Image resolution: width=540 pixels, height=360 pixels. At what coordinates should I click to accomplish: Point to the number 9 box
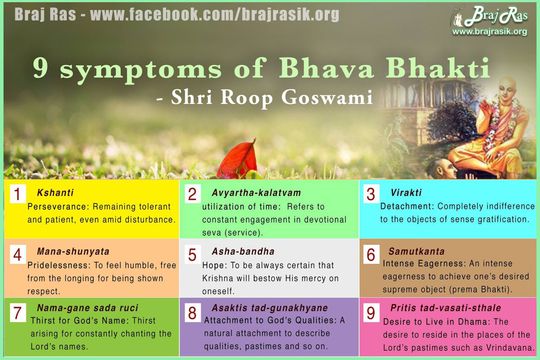[371, 315]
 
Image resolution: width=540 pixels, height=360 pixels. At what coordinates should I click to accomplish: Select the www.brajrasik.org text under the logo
[490, 32]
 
